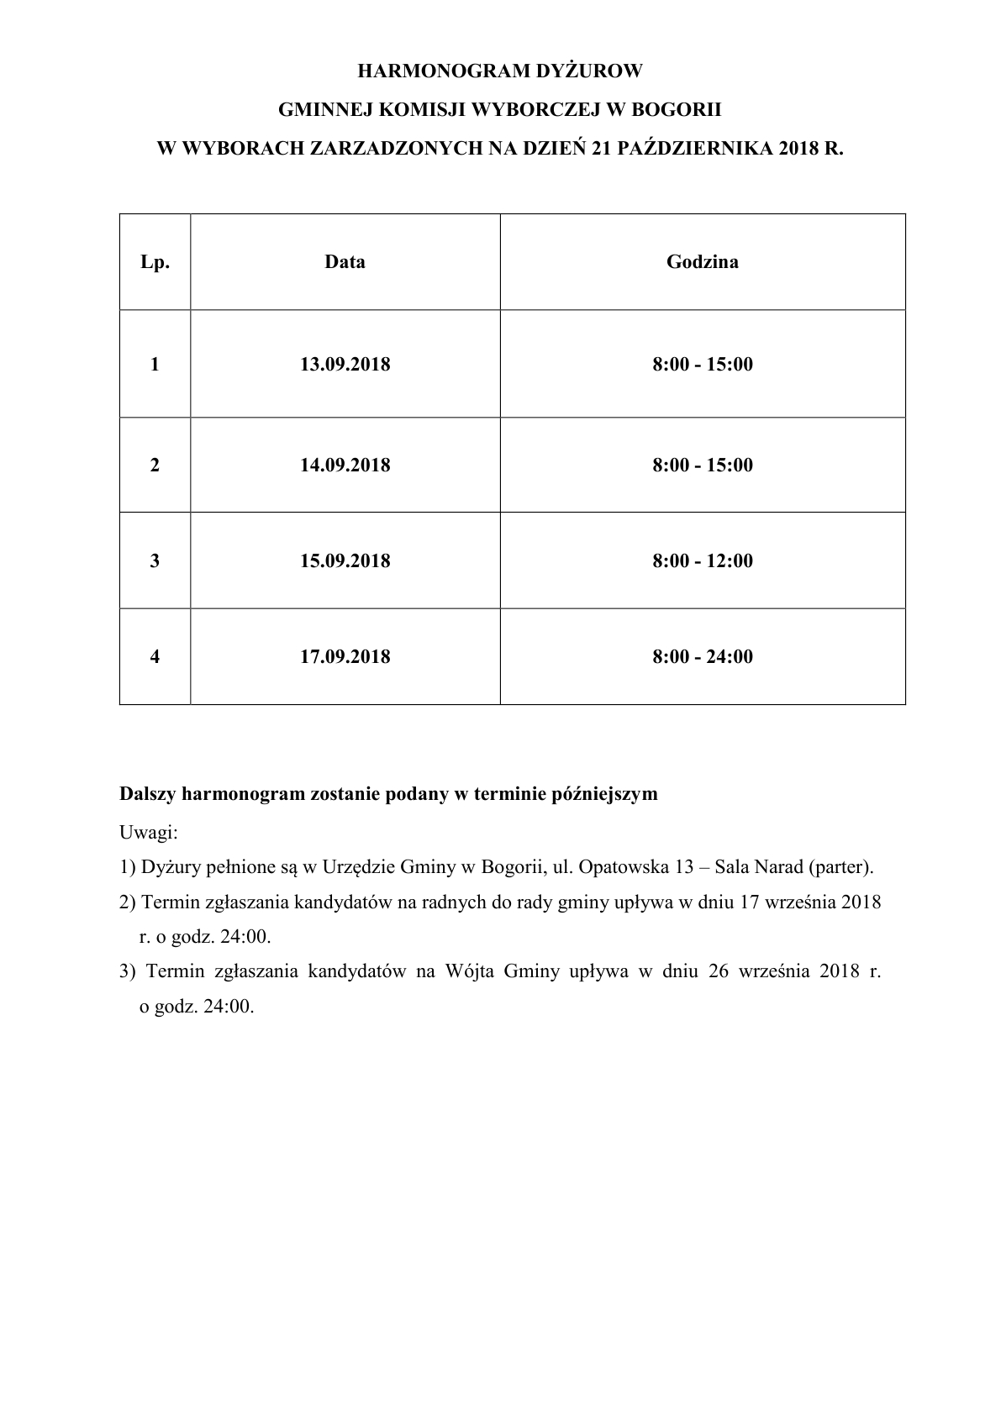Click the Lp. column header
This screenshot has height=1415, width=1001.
point(155,262)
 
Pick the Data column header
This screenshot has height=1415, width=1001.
point(345,262)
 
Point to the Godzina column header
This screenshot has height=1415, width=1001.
point(703,262)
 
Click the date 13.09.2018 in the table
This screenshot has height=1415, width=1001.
point(345,365)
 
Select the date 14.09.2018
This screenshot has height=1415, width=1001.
point(345,466)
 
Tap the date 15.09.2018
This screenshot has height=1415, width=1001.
point(345,561)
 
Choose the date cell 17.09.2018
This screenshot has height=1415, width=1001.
point(345,657)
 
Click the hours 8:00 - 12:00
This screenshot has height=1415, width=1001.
point(703,561)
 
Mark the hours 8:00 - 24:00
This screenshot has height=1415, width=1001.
point(703,657)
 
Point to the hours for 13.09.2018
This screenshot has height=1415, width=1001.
point(703,365)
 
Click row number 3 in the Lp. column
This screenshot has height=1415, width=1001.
point(155,561)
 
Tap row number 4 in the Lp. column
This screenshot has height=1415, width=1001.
point(155,657)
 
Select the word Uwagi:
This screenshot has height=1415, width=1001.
point(149,833)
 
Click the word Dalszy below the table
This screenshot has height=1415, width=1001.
point(147,794)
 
